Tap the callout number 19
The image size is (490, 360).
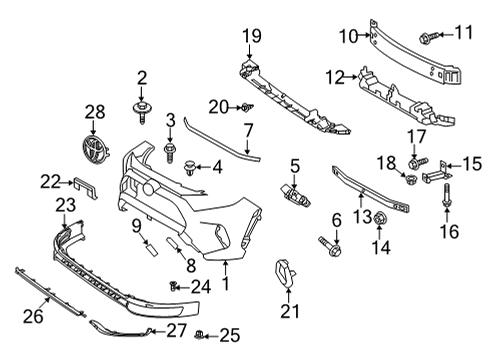(250, 37)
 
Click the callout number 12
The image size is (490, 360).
(334, 74)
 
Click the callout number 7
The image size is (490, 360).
(249, 129)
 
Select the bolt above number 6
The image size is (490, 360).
(331, 241)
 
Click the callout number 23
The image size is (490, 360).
(64, 205)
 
